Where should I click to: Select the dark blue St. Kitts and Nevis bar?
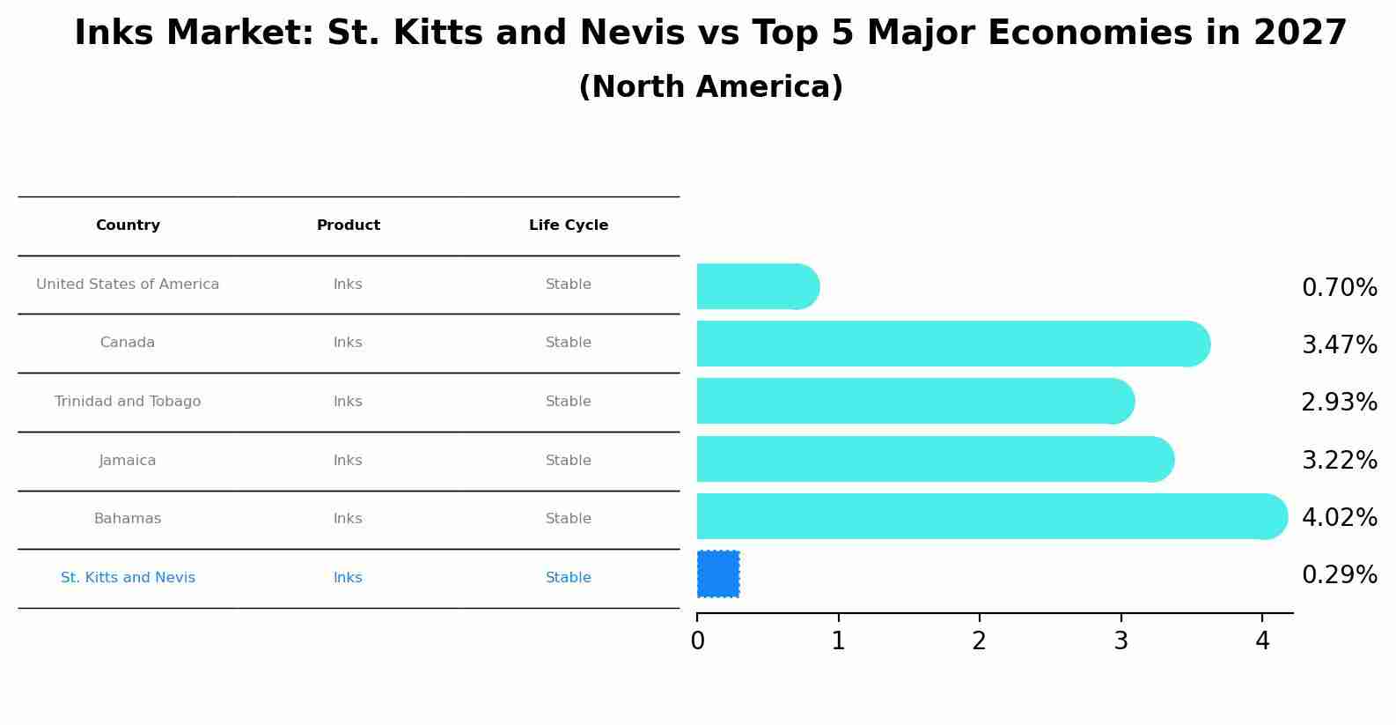coord(718,574)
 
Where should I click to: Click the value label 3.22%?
coord(1339,460)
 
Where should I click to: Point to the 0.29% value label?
coord(1339,575)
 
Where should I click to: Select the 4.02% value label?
coord(1339,517)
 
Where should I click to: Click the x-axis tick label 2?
coord(980,641)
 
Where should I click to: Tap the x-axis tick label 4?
coord(1262,641)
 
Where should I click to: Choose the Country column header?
coord(128,226)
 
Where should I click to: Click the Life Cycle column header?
coord(569,226)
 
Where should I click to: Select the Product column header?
coord(349,226)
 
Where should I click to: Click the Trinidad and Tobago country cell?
coord(128,402)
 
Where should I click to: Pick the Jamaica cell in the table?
coord(128,461)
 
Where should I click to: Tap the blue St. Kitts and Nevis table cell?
coord(128,578)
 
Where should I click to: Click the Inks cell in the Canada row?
coord(348,343)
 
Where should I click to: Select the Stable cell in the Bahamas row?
coord(569,519)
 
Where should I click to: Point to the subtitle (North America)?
coord(710,87)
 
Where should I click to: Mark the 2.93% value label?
coord(1339,403)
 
